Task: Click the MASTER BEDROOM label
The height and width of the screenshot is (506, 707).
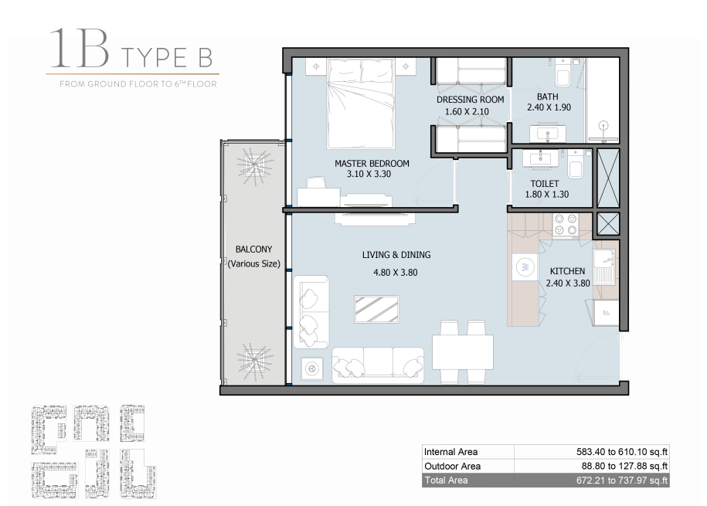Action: pyautogui.click(x=372, y=163)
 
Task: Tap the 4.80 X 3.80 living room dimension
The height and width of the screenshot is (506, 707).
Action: pyautogui.click(x=396, y=273)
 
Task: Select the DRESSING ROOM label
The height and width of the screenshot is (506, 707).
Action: pyautogui.click(x=470, y=100)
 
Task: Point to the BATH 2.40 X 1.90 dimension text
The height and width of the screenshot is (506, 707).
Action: pyautogui.click(x=549, y=107)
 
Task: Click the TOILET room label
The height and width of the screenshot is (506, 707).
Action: pyautogui.click(x=544, y=184)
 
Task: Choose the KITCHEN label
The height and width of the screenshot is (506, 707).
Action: pyautogui.click(x=567, y=271)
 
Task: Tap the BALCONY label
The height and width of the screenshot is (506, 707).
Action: pyautogui.click(x=254, y=250)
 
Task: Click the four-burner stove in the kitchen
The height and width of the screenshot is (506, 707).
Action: pyautogui.click(x=566, y=225)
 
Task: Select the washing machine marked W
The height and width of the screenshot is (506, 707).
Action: pyautogui.click(x=525, y=267)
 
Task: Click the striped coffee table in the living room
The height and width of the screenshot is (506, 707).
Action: pyautogui.click(x=376, y=309)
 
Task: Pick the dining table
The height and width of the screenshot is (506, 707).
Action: pyautogui.click(x=463, y=351)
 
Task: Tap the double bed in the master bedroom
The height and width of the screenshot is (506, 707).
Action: pyautogui.click(x=361, y=104)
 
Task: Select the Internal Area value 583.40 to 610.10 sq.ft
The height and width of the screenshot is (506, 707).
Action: pyautogui.click(x=622, y=451)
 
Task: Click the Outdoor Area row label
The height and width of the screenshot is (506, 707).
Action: pyautogui.click(x=452, y=466)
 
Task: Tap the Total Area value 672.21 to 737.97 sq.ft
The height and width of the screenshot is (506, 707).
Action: pyautogui.click(x=622, y=481)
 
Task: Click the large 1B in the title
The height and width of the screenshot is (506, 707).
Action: pyautogui.click(x=80, y=48)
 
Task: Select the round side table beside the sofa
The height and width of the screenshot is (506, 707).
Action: pyautogui.click(x=311, y=368)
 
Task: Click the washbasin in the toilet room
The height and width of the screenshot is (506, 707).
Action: pyautogui.click(x=539, y=158)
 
